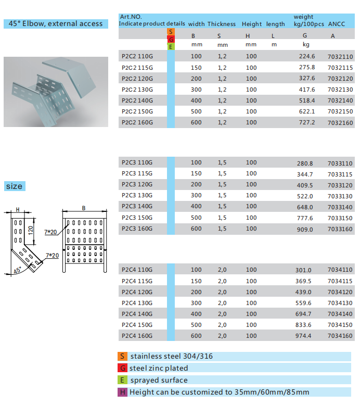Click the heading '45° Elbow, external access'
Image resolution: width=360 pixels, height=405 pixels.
(x=56, y=23)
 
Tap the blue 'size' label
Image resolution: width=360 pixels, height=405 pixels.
(x=15, y=186)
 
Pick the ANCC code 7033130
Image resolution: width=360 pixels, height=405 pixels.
(x=340, y=196)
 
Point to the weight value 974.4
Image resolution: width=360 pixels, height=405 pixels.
(x=303, y=336)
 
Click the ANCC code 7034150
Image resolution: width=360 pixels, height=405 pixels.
(x=340, y=325)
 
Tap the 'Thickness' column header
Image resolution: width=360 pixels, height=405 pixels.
(x=222, y=24)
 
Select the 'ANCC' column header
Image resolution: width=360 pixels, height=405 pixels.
(x=337, y=24)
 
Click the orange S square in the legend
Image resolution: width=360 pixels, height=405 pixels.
(x=123, y=357)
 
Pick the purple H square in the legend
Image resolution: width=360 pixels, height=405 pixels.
(x=123, y=392)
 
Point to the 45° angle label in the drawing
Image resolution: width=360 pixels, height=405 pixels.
(x=17, y=271)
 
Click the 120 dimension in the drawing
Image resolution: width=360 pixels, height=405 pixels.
(x=31, y=229)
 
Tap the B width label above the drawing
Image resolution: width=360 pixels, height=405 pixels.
(x=83, y=208)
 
